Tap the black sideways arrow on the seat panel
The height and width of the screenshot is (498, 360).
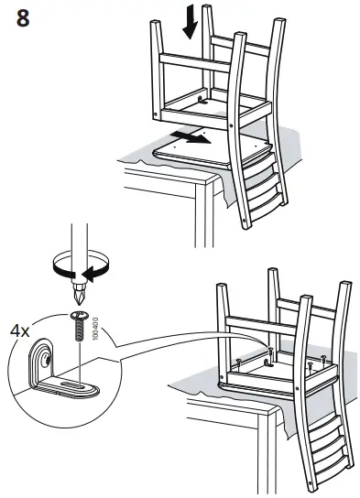[192, 138]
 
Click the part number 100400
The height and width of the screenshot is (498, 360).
[94, 327]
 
